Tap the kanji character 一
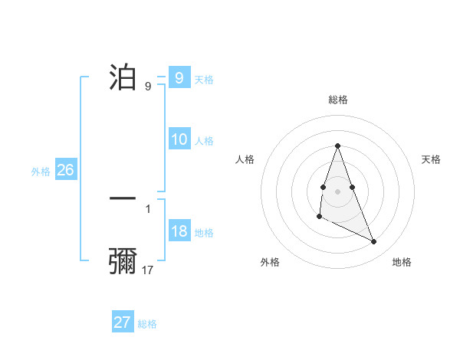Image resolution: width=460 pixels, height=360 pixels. [x=123, y=198]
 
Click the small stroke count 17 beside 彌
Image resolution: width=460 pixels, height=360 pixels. [x=148, y=270]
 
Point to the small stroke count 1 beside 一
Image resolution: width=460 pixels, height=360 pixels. [x=147, y=208]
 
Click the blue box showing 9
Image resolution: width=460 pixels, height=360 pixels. [x=179, y=78]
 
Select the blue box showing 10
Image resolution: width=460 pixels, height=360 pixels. [x=179, y=139]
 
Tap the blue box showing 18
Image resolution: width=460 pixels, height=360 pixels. [x=179, y=232]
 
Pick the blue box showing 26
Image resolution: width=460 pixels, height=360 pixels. [x=65, y=170]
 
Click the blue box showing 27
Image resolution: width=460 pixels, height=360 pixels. [x=123, y=322]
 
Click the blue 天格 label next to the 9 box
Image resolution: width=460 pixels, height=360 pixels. [x=204, y=80]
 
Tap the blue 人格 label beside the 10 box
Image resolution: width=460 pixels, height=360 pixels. [x=204, y=141]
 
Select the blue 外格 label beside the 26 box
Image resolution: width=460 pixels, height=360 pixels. [x=41, y=172]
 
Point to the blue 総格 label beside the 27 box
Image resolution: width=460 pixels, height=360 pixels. [x=147, y=324]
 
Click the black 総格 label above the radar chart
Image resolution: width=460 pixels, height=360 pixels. [x=337, y=100]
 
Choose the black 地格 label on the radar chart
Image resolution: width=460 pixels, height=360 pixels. [x=402, y=262]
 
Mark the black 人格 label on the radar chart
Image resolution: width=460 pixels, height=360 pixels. [x=245, y=159]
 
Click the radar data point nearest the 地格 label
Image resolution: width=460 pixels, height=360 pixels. [x=374, y=241]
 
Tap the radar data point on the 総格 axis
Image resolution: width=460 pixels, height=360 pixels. [x=337, y=146]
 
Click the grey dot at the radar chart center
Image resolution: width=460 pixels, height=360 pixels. [x=337, y=190]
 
